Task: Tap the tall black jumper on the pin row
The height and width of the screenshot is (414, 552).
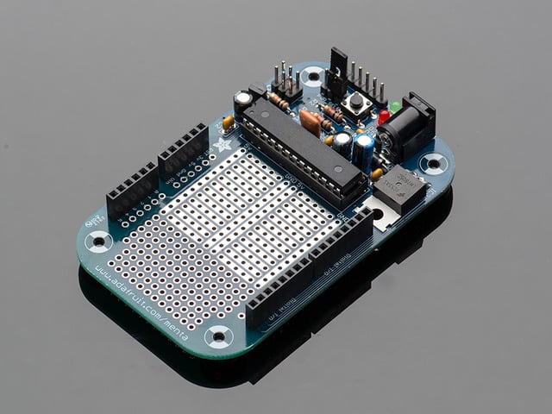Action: (x=337, y=71)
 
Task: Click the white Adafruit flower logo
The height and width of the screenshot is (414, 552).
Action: (x=223, y=144)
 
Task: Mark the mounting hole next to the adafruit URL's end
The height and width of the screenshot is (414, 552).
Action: (x=218, y=335)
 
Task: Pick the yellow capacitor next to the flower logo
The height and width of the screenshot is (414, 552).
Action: (x=228, y=123)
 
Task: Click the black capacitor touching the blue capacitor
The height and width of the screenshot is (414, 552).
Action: (x=344, y=143)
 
